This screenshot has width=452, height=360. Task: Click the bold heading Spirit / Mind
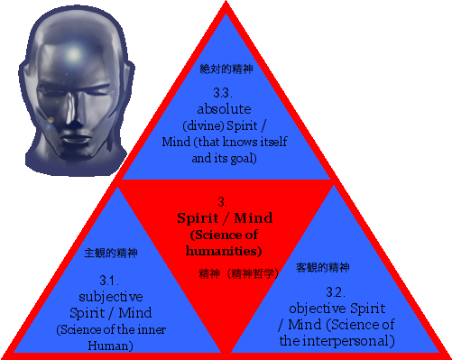pos(224,218)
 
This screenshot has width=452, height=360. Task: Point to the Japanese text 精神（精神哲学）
pos(230,269)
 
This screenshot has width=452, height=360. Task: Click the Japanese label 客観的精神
pos(323,267)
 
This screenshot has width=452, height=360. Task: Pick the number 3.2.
pos(336,291)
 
